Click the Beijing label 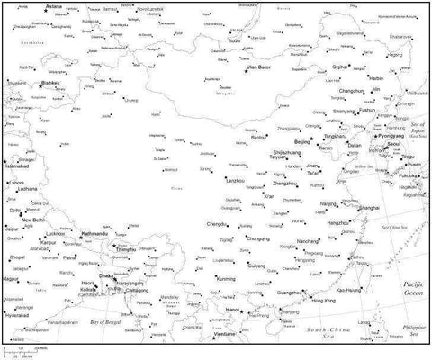click(x=302, y=142)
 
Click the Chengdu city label click(x=217, y=223)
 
